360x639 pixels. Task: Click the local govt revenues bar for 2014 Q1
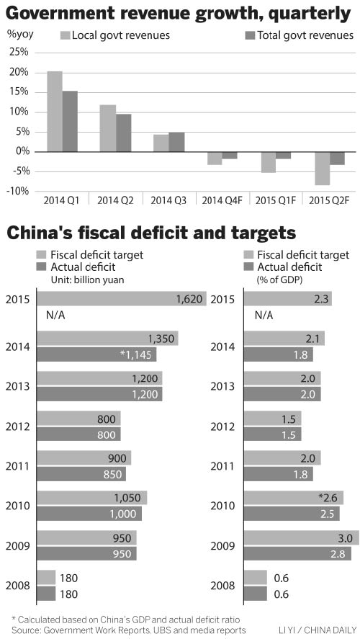[54, 112]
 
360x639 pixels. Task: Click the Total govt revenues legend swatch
[251, 35]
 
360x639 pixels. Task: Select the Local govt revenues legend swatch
[66, 35]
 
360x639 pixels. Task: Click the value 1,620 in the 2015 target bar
[189, 299]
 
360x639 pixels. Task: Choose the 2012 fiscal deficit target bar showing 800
[78, 418]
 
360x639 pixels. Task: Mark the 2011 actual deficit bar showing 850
[81, 473]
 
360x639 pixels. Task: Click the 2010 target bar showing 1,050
[91, 498]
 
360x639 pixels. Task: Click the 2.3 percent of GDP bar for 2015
[288, 299]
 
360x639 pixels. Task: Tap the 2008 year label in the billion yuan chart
[17, 585]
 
